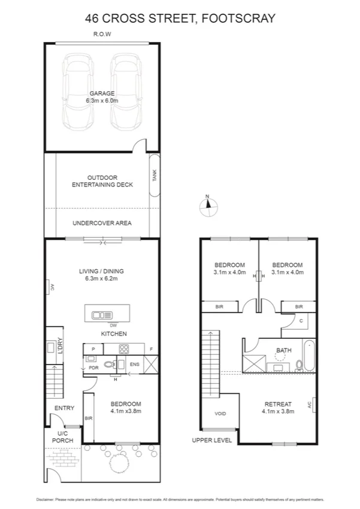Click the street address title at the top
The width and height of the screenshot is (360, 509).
tap(180, 19)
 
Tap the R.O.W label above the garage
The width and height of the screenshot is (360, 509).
tap(102, 34)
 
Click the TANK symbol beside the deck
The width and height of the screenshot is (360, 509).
tap(154, 176)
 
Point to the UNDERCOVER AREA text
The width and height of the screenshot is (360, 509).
tap(102, 223)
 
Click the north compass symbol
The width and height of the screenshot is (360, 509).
tap(207, 206)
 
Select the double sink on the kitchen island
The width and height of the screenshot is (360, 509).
tap(102, 314)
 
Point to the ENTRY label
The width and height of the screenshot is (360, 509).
tap(64, 408)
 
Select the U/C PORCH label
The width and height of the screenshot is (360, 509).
tap(64, 436)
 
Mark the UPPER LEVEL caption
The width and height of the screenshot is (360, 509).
tap(211, 440)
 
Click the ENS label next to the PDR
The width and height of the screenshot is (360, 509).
tap(135, 364)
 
